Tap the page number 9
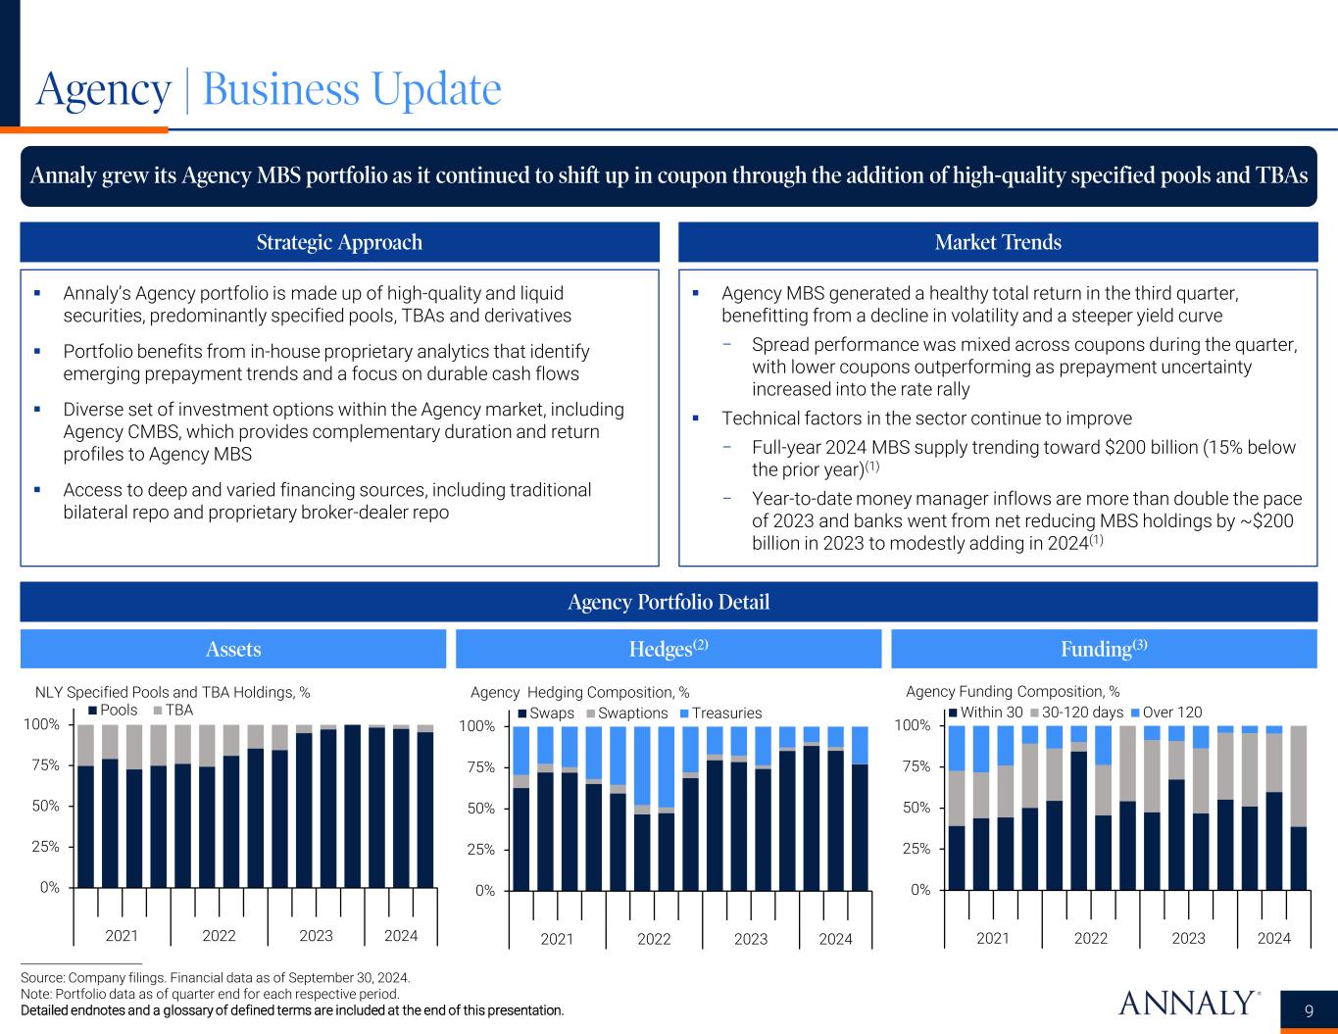point(1310,1011)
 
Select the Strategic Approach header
point(339,242)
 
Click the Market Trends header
point(998,242)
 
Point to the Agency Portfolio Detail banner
point(669,602)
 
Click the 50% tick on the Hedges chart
point(479,809)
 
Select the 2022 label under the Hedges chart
point(654,939)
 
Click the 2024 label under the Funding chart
point(1273,938)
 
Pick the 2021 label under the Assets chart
point(122,936)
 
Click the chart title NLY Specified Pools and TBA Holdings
point(173,692)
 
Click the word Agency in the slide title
point(103,90)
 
